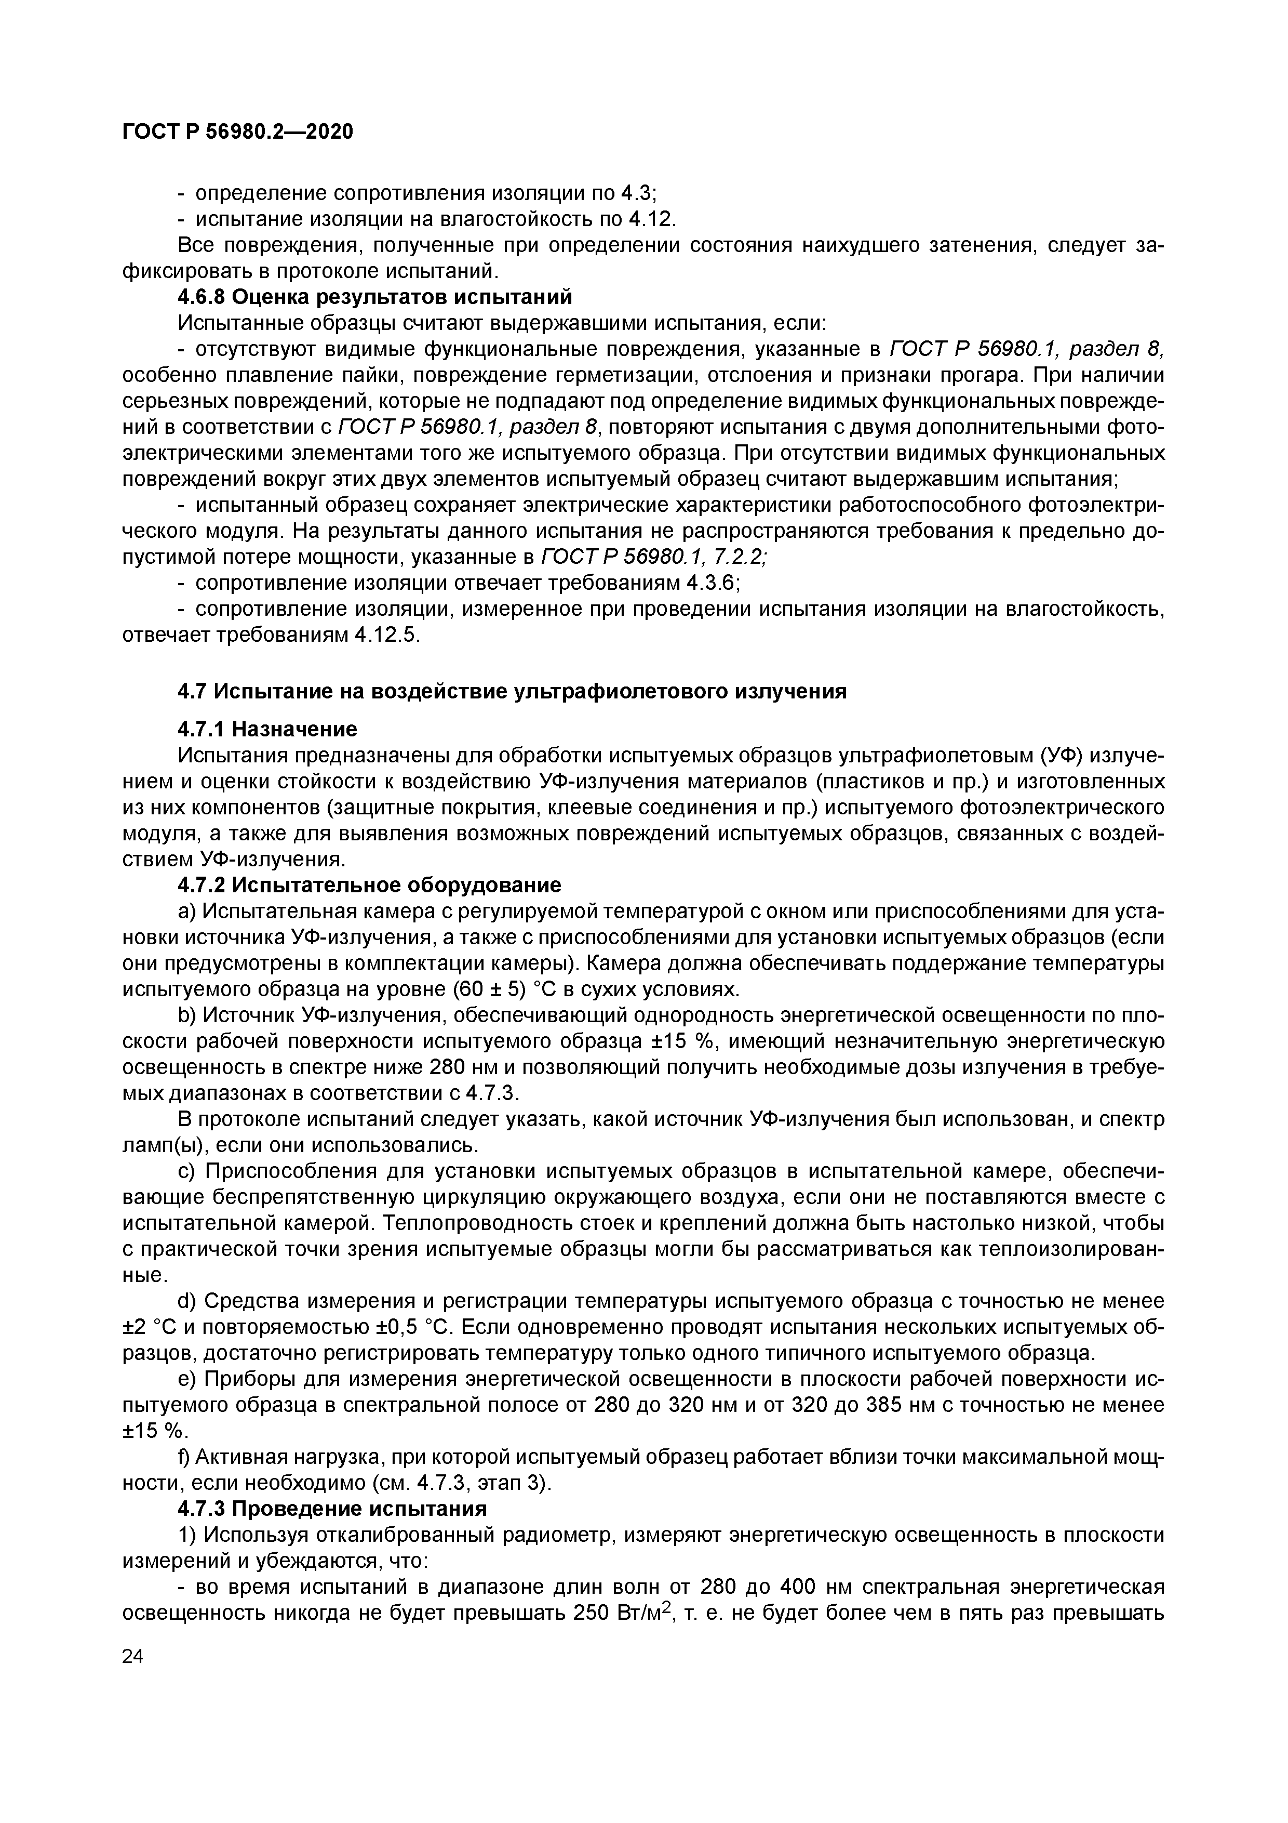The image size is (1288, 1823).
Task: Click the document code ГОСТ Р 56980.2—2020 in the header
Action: (x=238, y=132)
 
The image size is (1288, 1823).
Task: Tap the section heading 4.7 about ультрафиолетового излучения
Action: (x=512, y=692)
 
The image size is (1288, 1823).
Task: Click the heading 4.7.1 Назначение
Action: (x=267, y=729)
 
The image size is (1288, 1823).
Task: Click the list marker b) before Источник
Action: (x=187, y=1015)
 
